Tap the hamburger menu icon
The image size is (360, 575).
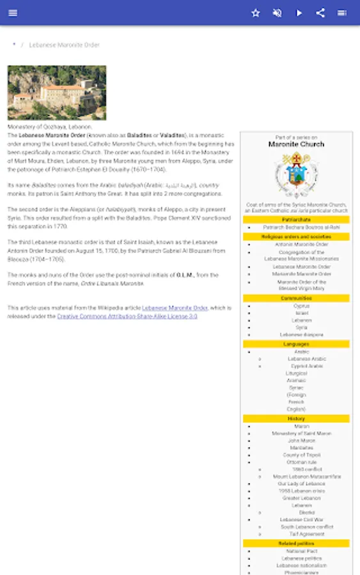[x=13, y=13]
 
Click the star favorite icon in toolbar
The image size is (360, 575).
[x=256, y=13]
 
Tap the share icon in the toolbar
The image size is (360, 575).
[x=320, y=13]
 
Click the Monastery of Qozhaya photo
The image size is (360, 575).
[x=57, y=93]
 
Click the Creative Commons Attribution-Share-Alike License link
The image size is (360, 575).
[x=127, y=316]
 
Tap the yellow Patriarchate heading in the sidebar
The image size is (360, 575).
[x=296, y=220]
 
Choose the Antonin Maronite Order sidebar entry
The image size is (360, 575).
[x=301, y=244]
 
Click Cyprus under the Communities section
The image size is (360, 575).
[x=301, y=306]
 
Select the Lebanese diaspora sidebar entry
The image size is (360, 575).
[x=301, y=335]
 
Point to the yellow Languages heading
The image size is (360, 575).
[x=296, y=344]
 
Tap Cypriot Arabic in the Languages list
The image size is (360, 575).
[x=306, y=366]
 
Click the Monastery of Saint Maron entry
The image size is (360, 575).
[x=301, y=434]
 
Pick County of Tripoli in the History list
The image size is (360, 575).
[x=301, y=455]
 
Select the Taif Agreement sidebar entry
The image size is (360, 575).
[x=306, y=534]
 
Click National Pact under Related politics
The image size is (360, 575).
[x=301, y=551]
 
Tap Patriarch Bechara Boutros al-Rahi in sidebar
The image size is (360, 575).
[x=301, y=227]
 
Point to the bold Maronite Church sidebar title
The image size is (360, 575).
[x=296, y=144]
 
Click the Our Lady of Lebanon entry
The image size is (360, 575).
[x=301, y=484]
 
